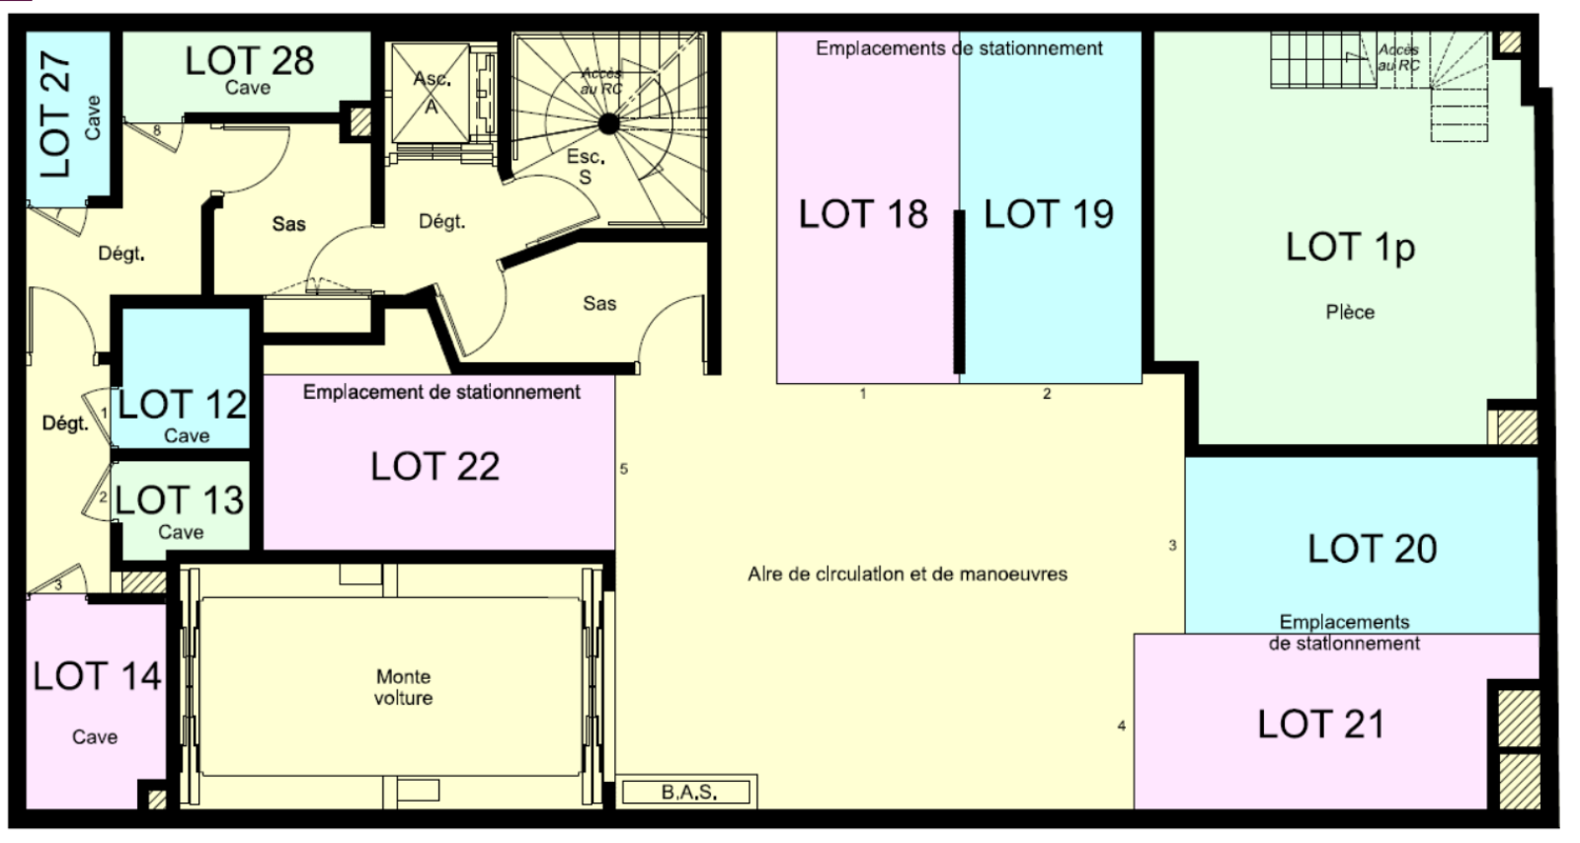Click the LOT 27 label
click(x=55, y=114)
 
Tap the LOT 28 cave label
click(x=249, y=60)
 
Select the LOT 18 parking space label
click(x=863, y=213)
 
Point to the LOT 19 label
click(x=1049, y=213)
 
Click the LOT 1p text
click(x=1350, y=248)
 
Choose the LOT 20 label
click(x=1372, y=549)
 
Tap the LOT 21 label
click(x=1321, y=724)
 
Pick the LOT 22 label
click(x=435, y=466)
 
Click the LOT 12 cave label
click(x=182, y=404)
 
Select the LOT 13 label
click(x=179, y=499)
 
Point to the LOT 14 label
click(x=98, y=676)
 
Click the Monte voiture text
click(x=404, y=687)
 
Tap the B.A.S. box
click(x=686, y=793)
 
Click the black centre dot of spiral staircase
click(x=608, y=124)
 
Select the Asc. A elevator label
click(x=432, y=92)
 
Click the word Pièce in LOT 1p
click(x=1350, y=312)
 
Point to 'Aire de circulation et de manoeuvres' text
click(x=908, y=574)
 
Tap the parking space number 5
click(x=623, y=469)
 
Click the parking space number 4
click(x=1122, y=726)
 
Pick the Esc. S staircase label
click(x=586, y=167)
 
